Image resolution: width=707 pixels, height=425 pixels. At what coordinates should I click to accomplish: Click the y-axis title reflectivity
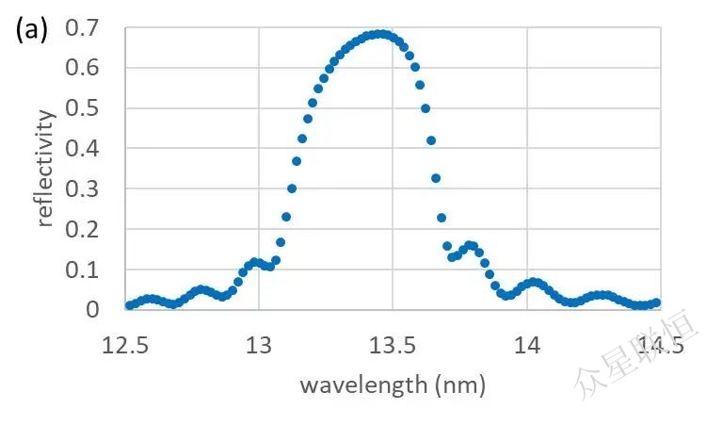tap(46, 169)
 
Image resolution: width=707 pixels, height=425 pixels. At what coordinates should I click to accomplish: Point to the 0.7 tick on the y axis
tap(83, 28)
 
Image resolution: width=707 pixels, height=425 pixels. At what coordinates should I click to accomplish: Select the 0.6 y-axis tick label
tap(83, 68)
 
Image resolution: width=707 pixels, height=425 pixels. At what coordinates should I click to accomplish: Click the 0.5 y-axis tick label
tap(83, 108)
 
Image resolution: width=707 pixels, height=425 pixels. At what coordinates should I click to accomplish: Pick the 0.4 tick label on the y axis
tap(83, 149)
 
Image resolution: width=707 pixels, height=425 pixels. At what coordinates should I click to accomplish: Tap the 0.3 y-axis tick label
tap(83, 188)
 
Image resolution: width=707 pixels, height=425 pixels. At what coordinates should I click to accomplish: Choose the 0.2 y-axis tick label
tap(83, 229)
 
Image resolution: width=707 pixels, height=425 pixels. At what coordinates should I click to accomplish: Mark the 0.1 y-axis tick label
tap(83, 270)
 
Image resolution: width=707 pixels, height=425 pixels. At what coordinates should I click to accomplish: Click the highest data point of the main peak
tap(379, 34)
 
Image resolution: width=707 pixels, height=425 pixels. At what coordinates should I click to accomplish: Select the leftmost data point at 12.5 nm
tap(129, 305)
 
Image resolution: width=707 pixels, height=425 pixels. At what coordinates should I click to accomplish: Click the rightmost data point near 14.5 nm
tap(657, 302)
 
